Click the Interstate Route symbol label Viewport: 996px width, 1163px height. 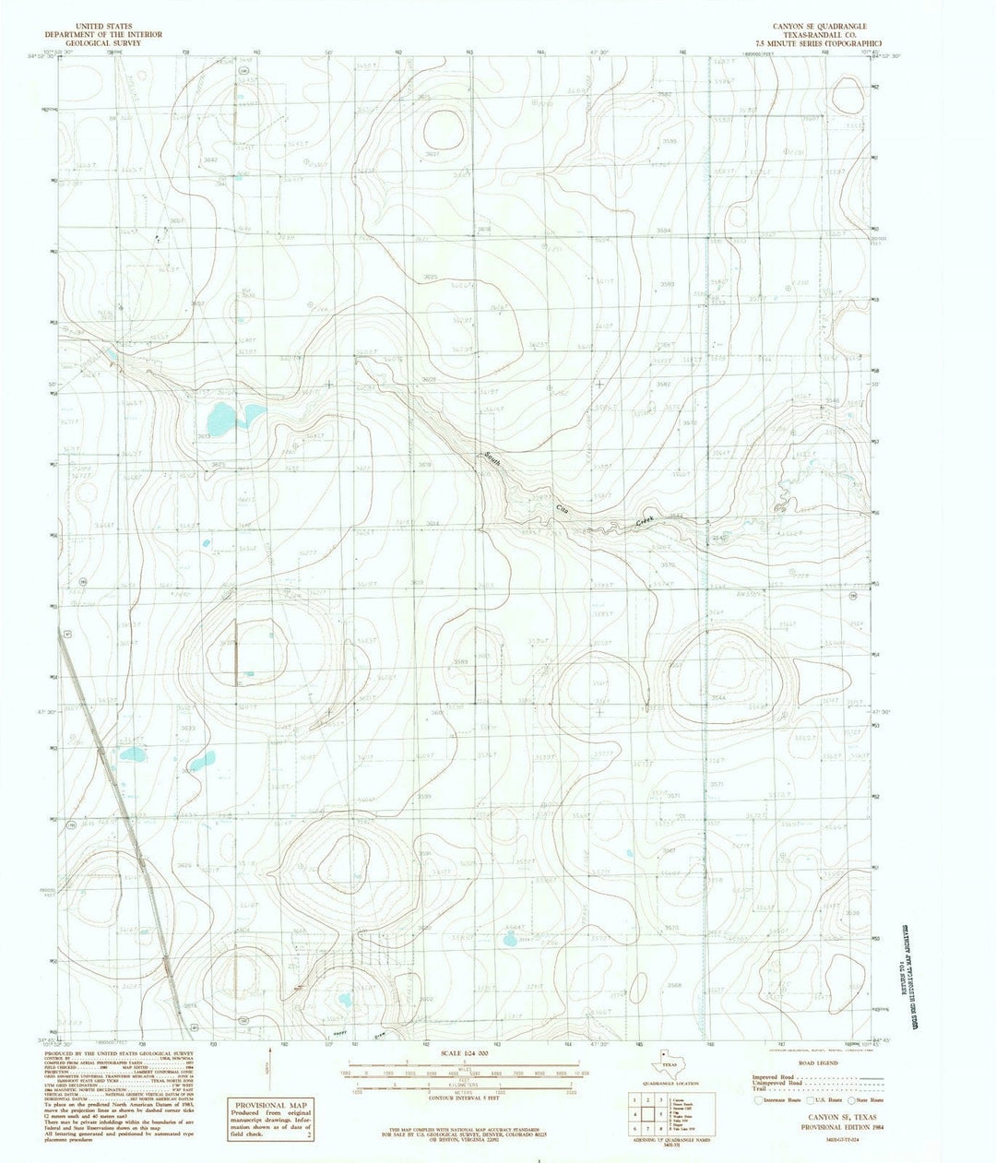click(780, 1100)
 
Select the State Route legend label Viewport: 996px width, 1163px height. click(868, 1100)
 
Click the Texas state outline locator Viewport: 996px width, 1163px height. click(663, 1061)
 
